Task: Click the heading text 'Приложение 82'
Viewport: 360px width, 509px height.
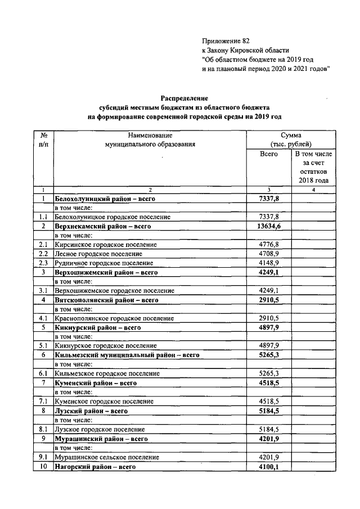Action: [x=225, y=41]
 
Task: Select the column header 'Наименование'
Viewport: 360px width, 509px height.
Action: [x=150, y=136]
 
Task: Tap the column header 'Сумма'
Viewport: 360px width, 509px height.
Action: [x=292, y=136]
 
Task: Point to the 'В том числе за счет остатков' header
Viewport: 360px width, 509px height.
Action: [x=313, y=167]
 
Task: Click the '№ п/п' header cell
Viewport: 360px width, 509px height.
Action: [x=43, y=140]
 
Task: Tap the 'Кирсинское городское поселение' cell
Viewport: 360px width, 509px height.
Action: [x=106, y=245]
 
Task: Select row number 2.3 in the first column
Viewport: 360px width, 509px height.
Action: [x=43, y=263]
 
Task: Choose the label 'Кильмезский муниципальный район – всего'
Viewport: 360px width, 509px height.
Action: [x=127, y=355]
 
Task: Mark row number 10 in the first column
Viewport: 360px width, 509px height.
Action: [x=43, y=466]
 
